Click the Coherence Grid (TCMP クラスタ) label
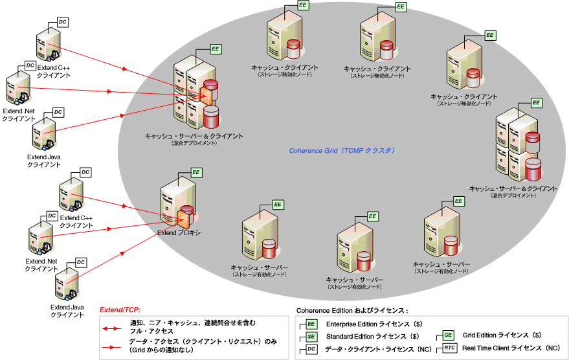click(342, 150)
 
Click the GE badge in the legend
click(449, 335)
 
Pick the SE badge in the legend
click(311, 337)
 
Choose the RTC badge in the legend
click(450, 348)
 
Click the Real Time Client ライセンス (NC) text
click(511, 348)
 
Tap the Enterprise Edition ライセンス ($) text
click(372, 324)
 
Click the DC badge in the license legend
click(311, 349)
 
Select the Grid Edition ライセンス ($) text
click(502, 335)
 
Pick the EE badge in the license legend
click(311, 324)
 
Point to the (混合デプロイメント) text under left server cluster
click(194, 143)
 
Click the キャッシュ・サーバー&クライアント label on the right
click(513, 188)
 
